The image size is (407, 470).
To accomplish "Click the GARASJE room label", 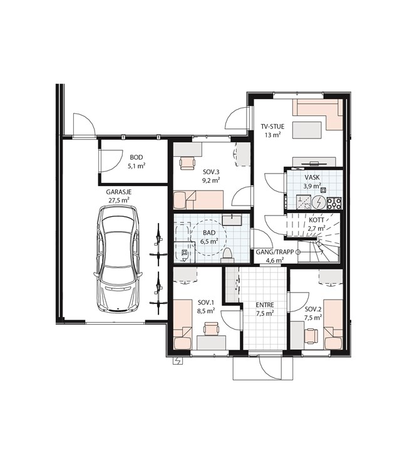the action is tap(118, 192).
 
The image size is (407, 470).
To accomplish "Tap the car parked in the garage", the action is tap(118, 259).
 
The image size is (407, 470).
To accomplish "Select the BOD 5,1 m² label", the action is tap(137, 162).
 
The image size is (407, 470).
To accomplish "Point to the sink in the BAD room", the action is tap(232, 220).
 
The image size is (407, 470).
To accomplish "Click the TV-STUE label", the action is tap(272, 127).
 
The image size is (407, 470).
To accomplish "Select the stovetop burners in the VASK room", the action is tap(334, 203).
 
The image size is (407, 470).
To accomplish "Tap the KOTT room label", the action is tap(317, 220).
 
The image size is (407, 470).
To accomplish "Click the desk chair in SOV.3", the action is tap(187, 163).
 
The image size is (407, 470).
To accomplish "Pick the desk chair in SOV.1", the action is tap(211, 329).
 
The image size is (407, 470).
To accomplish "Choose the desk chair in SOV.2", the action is tap(312, 335).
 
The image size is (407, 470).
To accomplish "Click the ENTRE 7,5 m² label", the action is tap(265, 310).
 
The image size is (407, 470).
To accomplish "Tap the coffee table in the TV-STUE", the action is tap(307, 130).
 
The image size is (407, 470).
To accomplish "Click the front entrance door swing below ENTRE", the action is tap(270, 367).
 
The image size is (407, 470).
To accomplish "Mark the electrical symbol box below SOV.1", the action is tap(178, 360).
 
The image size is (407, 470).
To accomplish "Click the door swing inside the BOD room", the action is tap(111, 160).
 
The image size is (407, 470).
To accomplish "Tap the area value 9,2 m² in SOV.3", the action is tap(211, 180).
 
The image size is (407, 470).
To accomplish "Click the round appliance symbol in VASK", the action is tap(319, 203).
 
